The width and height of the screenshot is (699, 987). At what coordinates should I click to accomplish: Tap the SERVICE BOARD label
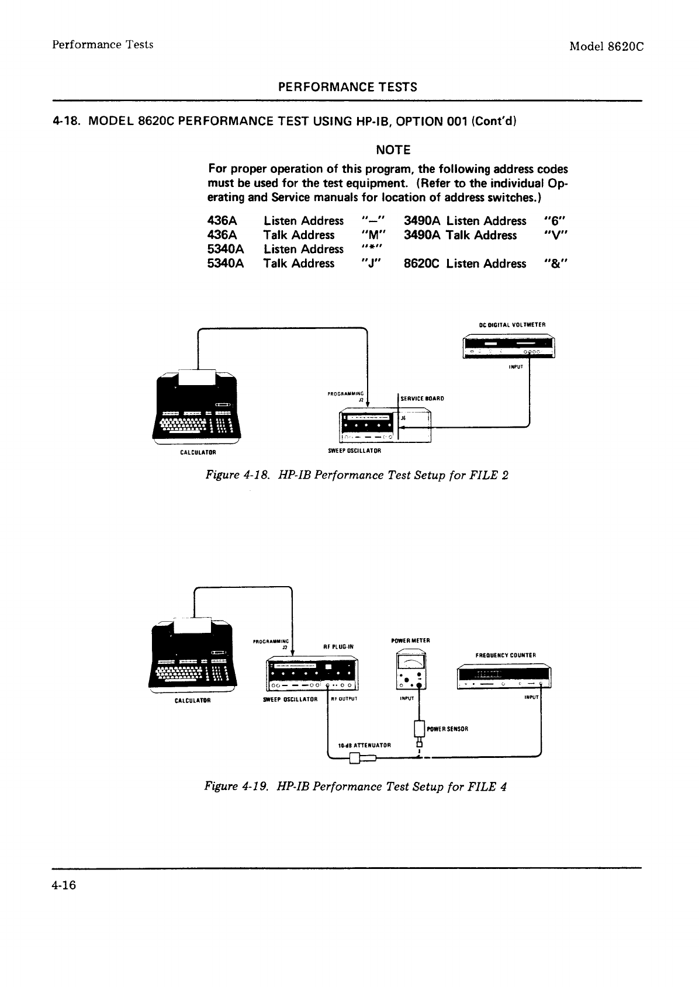click(x=423, y=399)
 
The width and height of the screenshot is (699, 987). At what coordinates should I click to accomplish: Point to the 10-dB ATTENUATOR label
click(x=364, y=745)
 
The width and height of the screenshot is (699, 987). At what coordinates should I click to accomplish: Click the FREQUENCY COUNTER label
click(x=506, y=655)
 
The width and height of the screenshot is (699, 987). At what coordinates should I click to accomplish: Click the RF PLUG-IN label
click(x=337, y=647)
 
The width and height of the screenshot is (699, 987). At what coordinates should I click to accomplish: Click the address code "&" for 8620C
click(x=555, y=264)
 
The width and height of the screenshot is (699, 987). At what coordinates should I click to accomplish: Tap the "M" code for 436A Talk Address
click(x=372, y=236)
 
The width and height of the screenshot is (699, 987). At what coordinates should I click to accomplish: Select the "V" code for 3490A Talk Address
click(x=555, y=236)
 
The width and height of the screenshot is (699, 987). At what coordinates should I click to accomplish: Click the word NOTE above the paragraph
click(x=393, y=150)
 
